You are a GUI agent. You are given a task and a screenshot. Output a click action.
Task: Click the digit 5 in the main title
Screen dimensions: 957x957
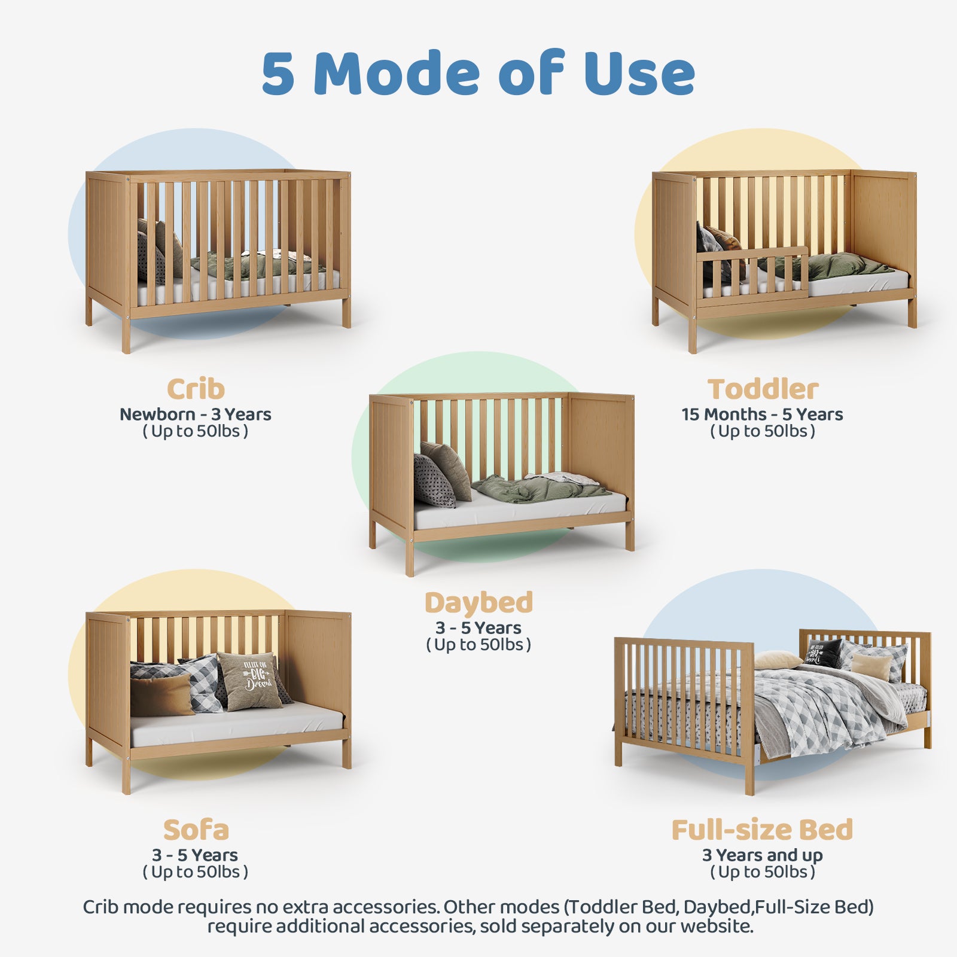tap(279, 74)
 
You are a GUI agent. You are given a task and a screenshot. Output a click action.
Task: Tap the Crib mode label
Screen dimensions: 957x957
tap(196, 389)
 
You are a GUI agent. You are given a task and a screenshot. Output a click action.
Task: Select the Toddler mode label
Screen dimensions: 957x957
tap(763, 389)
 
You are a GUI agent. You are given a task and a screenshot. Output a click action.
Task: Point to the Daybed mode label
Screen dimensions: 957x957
tap(478, 602)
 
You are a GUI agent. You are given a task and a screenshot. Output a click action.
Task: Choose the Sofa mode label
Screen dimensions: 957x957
tap(196, 830)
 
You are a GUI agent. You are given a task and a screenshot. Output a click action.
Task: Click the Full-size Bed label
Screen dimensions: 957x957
tap(762, 830)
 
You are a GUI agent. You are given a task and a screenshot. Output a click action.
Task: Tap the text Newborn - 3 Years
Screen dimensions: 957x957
tap(196, 415)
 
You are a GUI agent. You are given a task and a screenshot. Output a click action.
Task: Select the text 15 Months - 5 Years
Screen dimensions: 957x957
tap(763, 415)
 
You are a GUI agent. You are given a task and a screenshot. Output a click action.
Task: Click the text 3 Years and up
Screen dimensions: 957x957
tap(763, 855)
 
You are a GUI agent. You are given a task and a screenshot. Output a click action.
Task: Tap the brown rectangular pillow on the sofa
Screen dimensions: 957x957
tap(161, 696)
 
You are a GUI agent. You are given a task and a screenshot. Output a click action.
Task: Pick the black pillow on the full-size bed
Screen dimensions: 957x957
tap(824, 653)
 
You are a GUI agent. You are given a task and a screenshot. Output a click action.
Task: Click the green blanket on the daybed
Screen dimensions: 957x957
tap(538, 487)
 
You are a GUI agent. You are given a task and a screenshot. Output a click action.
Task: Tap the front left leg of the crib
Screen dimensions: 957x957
tap(126, 335)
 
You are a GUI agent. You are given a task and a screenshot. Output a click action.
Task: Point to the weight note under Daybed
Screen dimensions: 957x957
tap(478, 645)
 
